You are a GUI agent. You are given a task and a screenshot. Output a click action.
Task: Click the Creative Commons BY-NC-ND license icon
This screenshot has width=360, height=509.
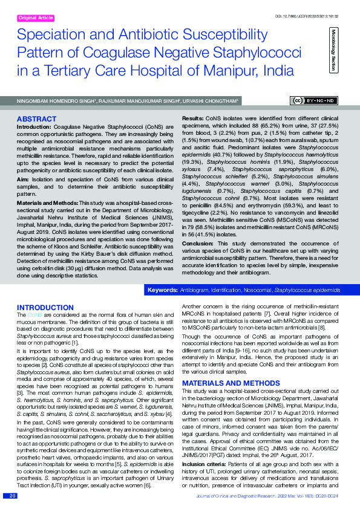click(315, 101)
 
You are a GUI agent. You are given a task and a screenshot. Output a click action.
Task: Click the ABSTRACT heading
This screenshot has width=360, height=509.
click(37, 119)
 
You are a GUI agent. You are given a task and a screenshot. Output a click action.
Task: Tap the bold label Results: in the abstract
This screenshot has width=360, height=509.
click(193, 120)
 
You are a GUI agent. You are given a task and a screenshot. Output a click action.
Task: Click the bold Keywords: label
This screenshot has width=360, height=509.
click(162, 291)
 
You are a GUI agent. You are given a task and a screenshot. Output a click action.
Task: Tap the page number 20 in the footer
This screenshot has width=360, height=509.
click(12, 496)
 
